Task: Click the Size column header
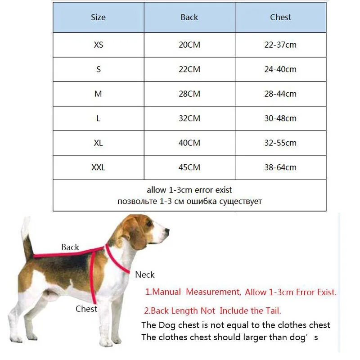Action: pyautogui.click(x=98, y=18)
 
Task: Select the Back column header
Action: pyautogui.click(x=189, y=18)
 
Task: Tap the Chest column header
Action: pyautogui.click(x=280, y=18)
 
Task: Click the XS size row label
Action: pyautogui.click(x=98, y=45)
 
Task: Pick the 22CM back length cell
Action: pyautogui.click(x=189, y=69)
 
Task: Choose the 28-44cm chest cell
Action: pyautogui.click(x=280, y=94)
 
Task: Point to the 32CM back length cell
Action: pyautogui.click(x=189, y=118)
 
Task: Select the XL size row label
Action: pyautogui.click(x=98, y=143)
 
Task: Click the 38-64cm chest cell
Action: pyautogui.click(x=280, y=167)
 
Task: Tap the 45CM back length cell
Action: pyautogui.click(x=189, y=167)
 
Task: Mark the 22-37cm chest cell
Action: pyautogui.click(x=280, y=45)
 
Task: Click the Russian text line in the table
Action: pyautogui.click(x=189, y=201)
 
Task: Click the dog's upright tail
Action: pyautogui.click(x=27, y=238)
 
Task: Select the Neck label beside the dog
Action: pyautogui.click(x=145, y=274)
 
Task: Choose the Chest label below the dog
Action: pyautogui.click(x=86, y=309)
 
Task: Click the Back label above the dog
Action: pyautogui.click(x=70, y=247)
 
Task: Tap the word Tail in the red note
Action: pyautogui.click(x=270, y=310)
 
